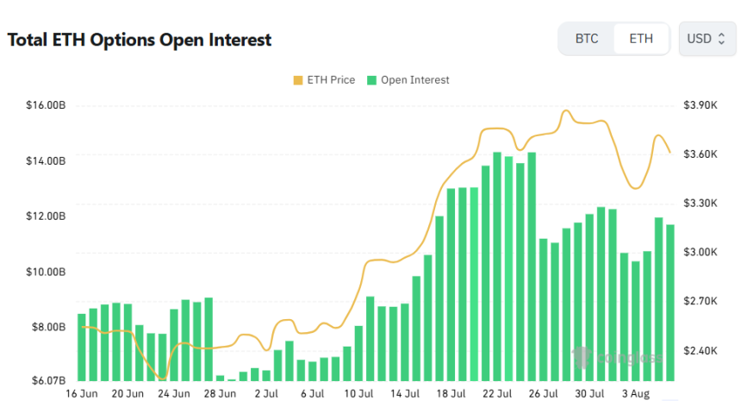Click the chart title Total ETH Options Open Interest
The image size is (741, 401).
coord(140,40)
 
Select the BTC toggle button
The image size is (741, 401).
coord(587,39)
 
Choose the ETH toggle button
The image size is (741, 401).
coord(641,39)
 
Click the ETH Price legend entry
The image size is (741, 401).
coord(324,80)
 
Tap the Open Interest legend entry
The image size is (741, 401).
coord(408,80)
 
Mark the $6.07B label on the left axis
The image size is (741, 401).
coord(47,380)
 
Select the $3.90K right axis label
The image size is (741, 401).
coord(700,105)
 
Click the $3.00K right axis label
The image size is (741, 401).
coord(700,253)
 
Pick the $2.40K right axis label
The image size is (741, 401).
coord(700,351)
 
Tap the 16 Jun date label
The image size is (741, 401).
coord(82,394)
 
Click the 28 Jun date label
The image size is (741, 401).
coord(221,394)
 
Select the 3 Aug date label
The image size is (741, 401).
coord(636,394)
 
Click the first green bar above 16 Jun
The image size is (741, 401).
coord(82,347)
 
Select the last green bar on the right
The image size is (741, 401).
coord(670,302)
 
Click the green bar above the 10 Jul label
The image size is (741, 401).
coord(358,353)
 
